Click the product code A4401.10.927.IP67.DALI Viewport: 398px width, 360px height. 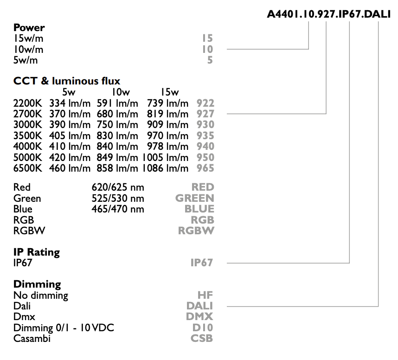[x=329, y=14]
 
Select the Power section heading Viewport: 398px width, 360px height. [x=29, y=27]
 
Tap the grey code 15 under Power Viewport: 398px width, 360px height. [x=207, y=39]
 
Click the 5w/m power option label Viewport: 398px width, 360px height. [x=26, y=60]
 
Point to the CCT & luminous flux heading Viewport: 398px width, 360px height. [x=66, y=81]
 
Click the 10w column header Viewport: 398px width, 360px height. [x=121, y=92]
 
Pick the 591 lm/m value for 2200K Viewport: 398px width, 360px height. [x=117, y=103]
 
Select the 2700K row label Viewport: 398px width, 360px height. [x=28, y=114]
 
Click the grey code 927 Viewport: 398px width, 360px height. [x=205, y=114]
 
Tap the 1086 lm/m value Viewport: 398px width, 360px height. [x=165, y=168]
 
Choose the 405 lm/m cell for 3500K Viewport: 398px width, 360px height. [x=70, y=135]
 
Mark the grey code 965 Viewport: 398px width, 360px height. [x=205, y=168]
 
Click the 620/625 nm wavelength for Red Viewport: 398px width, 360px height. [x=118, y=187]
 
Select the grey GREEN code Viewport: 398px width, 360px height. [x=195, y=198]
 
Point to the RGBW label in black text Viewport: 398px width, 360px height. [x=29, y=231]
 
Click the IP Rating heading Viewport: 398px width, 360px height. [x=37, y=252]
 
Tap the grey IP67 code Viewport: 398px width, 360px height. [x=202, y=263]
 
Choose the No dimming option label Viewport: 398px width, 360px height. [x=41, y=296]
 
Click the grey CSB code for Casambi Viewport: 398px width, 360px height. [x=202, y=338]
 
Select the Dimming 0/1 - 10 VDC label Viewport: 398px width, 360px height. [x=64, y=328]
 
